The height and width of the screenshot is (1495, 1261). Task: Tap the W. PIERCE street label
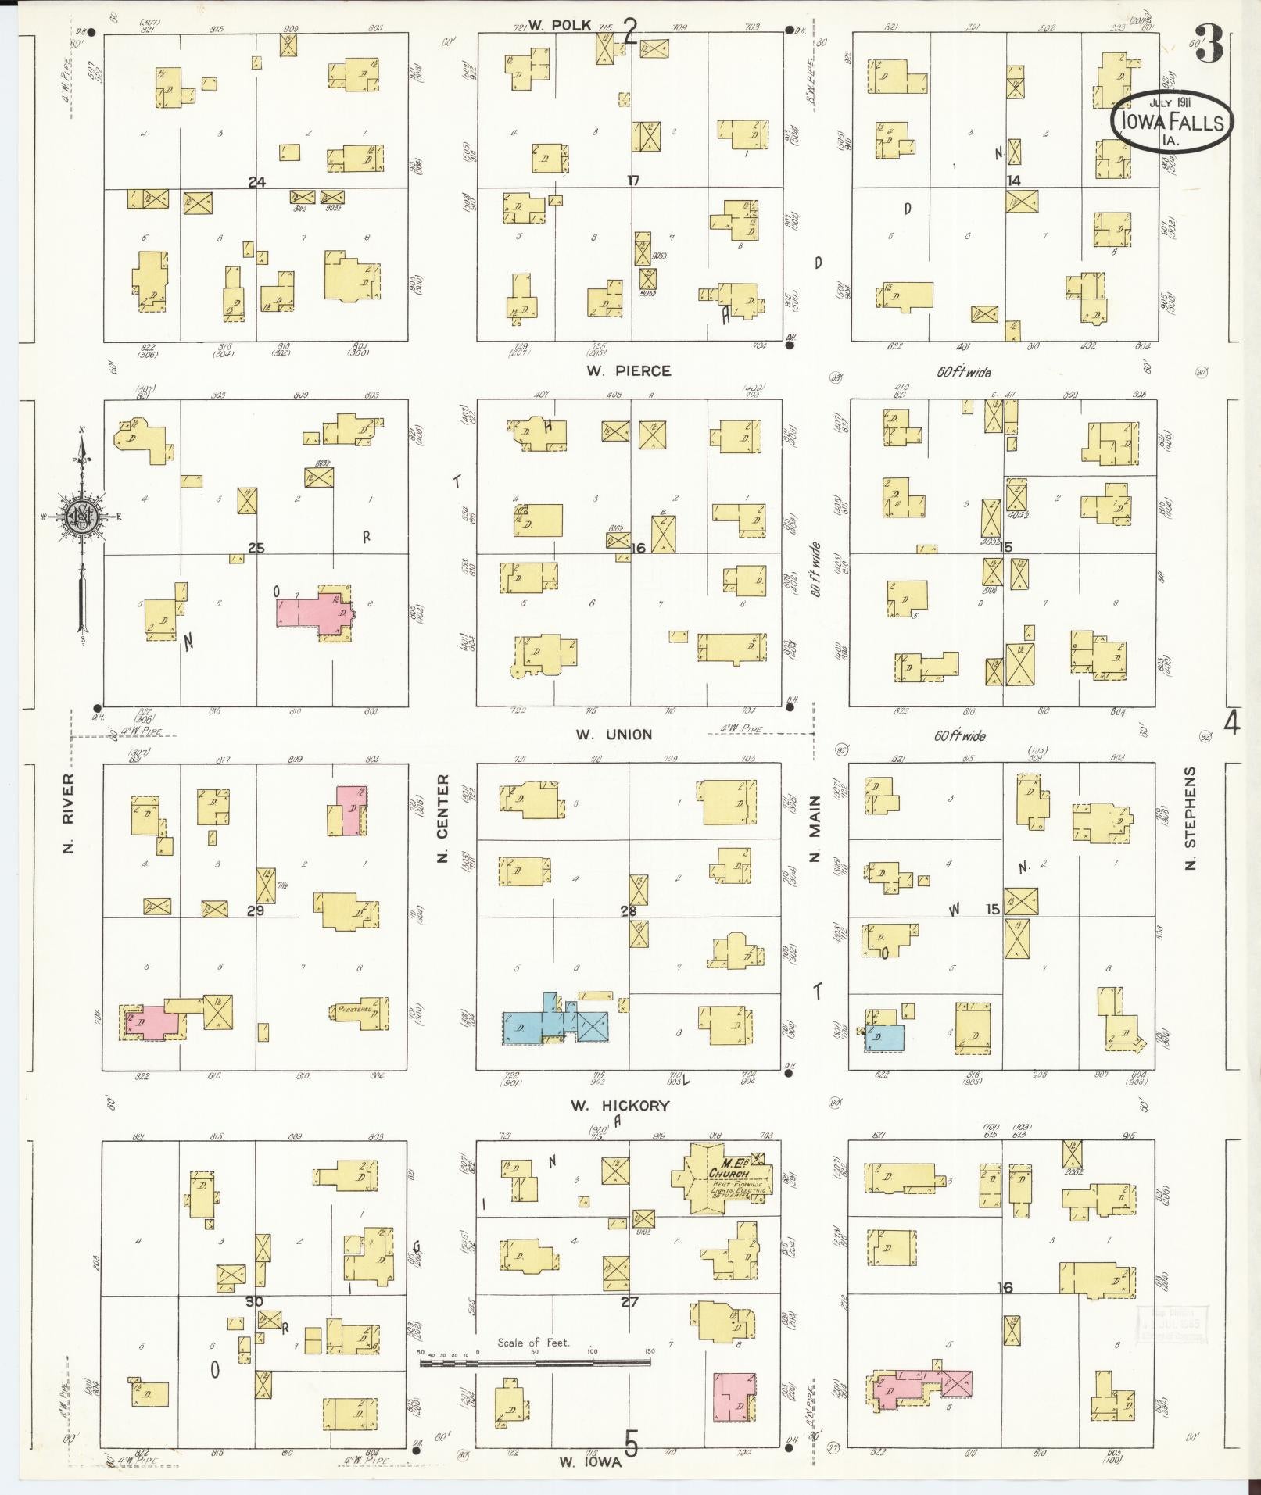[628, 370]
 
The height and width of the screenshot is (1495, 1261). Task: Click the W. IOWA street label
[590, 1461]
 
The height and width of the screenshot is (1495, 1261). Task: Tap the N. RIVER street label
[69, 813]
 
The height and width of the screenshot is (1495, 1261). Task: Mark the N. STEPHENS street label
[1191, 818]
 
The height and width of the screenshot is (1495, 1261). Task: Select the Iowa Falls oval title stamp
[1171, 122]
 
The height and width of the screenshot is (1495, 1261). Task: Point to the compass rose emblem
[81, 517]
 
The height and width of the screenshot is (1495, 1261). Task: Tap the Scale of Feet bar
[536, 1362]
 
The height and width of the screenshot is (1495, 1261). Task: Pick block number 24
[257, 182]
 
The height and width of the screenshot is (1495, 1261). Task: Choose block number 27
[629, 1302]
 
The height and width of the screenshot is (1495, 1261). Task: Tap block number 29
[256, 910]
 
